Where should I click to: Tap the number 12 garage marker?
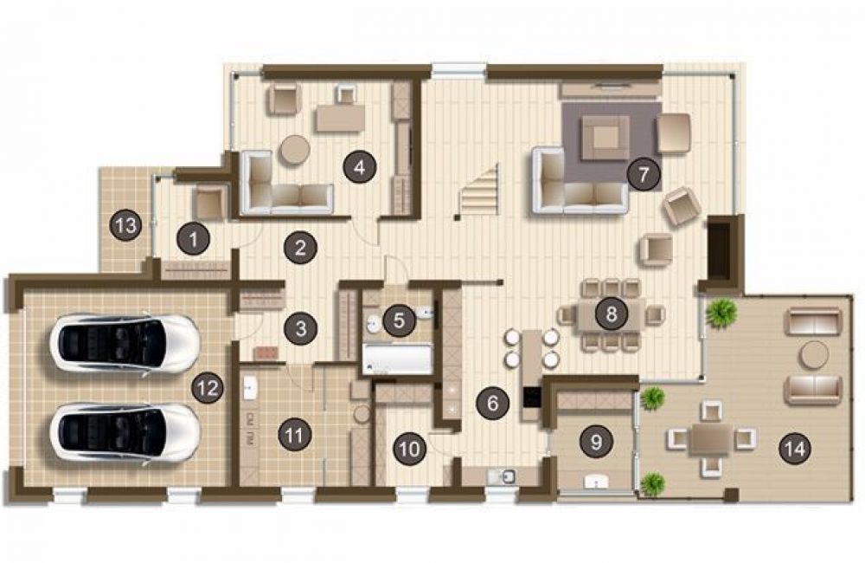tap(208, 388)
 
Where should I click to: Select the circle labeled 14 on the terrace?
tap(795, 449)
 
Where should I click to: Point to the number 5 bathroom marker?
tap(399, 320)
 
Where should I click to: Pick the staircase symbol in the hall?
tap(480, 190)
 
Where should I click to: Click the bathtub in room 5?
tap(397, 359)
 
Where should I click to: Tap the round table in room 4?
tap(295, 150)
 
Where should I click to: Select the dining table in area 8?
tap(611, 315)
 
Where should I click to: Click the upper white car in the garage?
tap(125, 345)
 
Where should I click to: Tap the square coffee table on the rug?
tap(605, 137)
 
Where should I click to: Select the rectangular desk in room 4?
tap(340, 118)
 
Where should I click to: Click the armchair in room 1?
tap(209, 204)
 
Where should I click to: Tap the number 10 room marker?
tap(409, 450)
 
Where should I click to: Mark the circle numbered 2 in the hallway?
tap(300, 248)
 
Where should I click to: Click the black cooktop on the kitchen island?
tap(533, 398)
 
